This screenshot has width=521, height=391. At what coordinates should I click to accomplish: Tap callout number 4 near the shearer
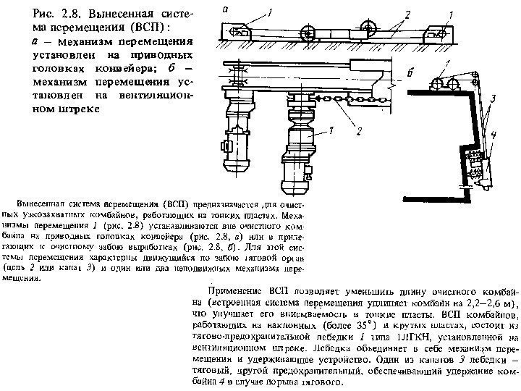(x=493, y=134)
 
